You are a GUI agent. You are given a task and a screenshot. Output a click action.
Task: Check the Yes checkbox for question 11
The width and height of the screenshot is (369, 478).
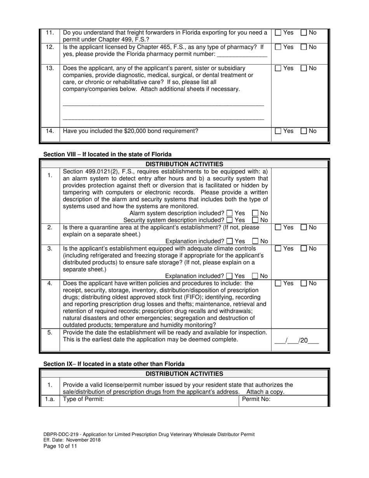(x=278, y=33)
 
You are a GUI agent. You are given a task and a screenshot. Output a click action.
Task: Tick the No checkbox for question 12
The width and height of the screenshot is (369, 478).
(x=304, y=47)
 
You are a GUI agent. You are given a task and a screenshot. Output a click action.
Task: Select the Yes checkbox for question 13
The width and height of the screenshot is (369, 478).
(x=278, y=68)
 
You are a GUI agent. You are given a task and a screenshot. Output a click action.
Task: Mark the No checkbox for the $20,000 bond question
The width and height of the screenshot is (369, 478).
(x=304, y=132)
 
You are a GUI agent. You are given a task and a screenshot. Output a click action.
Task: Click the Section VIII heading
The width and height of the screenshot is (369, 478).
(x=107, y=154)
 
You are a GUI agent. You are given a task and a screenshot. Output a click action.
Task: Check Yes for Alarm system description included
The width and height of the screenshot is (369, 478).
(x=230, y=213)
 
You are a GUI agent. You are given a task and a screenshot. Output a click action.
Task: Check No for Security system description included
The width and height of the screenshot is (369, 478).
(x=255, y=220)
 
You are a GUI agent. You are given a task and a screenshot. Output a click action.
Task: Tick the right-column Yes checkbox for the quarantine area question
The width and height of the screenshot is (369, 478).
(x=278, y=227)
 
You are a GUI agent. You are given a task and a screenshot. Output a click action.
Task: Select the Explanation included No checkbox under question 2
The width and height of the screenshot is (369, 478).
(x=255, y=241)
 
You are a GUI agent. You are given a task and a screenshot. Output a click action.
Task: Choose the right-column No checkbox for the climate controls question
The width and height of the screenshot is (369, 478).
(x=304, y=249)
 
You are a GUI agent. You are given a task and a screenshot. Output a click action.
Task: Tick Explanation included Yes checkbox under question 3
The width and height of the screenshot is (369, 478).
(x=230, y=276)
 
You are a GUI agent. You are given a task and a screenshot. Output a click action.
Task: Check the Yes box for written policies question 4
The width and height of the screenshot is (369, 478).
(x=278, y=284)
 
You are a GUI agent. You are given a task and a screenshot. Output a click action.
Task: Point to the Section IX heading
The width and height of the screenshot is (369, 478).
(x=114, y=364)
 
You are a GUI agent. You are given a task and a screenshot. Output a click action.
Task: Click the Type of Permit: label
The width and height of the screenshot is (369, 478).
(x=84, y=399)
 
